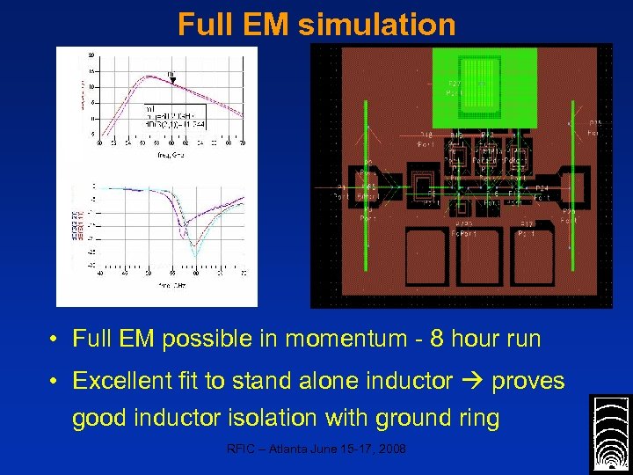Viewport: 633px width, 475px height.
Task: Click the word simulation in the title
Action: tap(377, 24)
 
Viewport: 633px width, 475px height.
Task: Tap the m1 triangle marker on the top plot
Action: tap(172, 80)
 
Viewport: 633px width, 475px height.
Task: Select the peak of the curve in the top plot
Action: tap(148, 77)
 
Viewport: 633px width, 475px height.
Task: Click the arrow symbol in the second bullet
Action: tap(471, 381)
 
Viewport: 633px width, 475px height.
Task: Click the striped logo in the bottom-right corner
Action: tap(608, 434)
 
